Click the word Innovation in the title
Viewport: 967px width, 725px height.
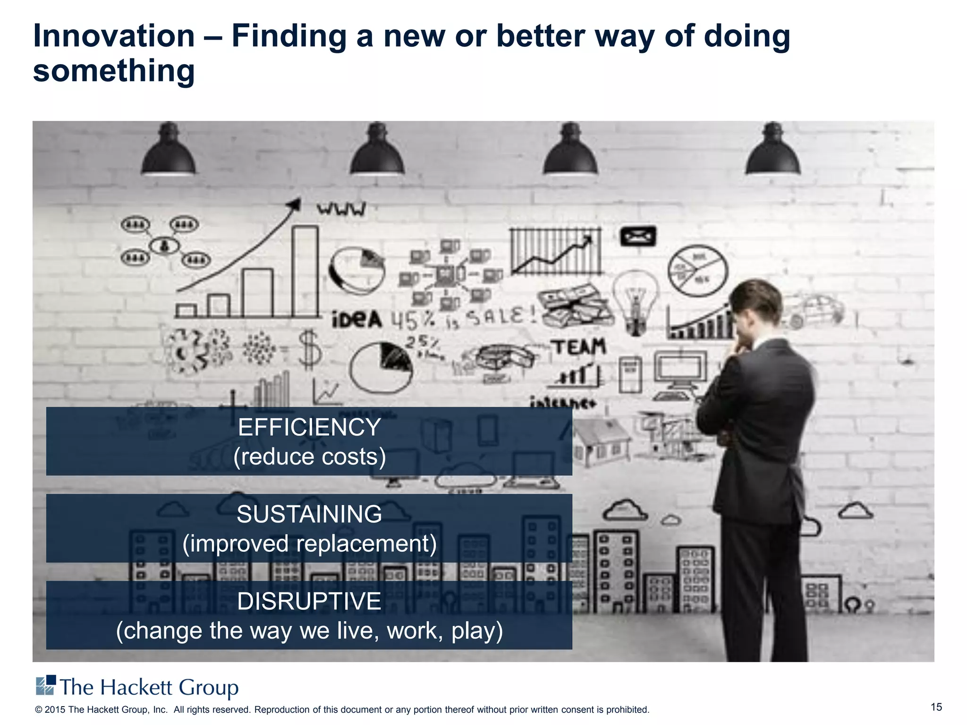pyautogui.click(x=114, y=36)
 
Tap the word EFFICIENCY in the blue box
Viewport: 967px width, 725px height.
pyautogui.click(x=309, y=427)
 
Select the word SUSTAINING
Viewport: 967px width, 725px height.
pyautogui.click(x=309, y=514)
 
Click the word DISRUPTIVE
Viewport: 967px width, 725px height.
pyautogui.click(x=309, y=601)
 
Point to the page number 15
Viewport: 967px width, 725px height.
pyautogui.click(x=936, y=707)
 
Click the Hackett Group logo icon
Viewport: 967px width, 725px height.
pyautogui.click(x=46, y=685)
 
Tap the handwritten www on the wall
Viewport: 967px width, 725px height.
pyautogui.click(x=341, y=209)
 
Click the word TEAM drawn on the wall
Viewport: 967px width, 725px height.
pyautogui.click(x=579, y=347)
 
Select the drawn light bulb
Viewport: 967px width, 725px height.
pyautogui.click(x=635, y=300)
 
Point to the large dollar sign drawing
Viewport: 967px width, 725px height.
pyautogui.click(x=310, y=350)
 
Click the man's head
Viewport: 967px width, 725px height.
pyautogui.click(x=756, y=307)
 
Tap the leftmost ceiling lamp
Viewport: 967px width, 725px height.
pyautogui.click(x=169, y=151)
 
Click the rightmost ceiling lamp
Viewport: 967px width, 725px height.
pyautogui.click(x=773, y=151)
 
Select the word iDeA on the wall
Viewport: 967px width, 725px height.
pyautogui.click(x=356, y=320)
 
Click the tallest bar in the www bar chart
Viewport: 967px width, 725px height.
pyautogui.click(x=305, y=271)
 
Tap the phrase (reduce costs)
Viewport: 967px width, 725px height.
pyautogui.click(x=309, y=456)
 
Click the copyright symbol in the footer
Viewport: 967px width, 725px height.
pyautogui.click(x=39, y=710)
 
